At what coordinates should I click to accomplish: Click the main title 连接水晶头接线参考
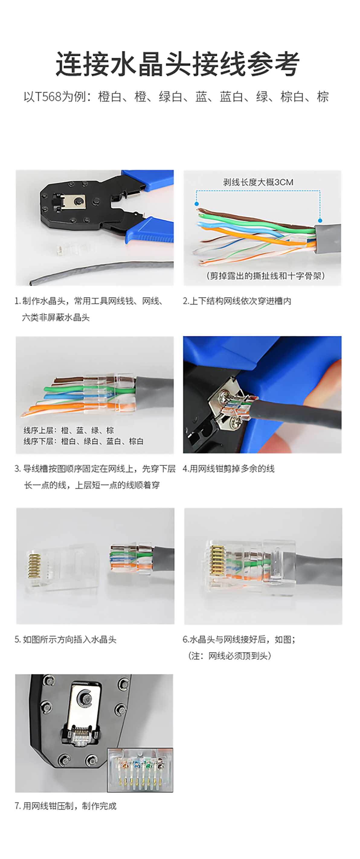[177, 64]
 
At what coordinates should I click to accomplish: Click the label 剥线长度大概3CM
[258, 182]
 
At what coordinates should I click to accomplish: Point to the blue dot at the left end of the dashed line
[197, 204]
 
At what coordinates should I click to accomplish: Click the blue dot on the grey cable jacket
[320, 220]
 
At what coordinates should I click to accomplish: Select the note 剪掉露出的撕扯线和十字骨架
[265, 276]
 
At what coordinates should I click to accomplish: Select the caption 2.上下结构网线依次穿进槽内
[237, 301]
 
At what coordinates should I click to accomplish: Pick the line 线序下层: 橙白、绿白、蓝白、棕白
[83, 441]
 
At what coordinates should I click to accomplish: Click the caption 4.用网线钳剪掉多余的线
[229, 469]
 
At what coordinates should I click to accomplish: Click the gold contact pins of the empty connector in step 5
[34, 566]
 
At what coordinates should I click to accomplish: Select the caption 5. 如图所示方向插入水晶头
[66, 640]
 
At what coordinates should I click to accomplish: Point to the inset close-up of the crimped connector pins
[140, 770]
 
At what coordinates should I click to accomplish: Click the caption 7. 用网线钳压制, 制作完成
[66, 806]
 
